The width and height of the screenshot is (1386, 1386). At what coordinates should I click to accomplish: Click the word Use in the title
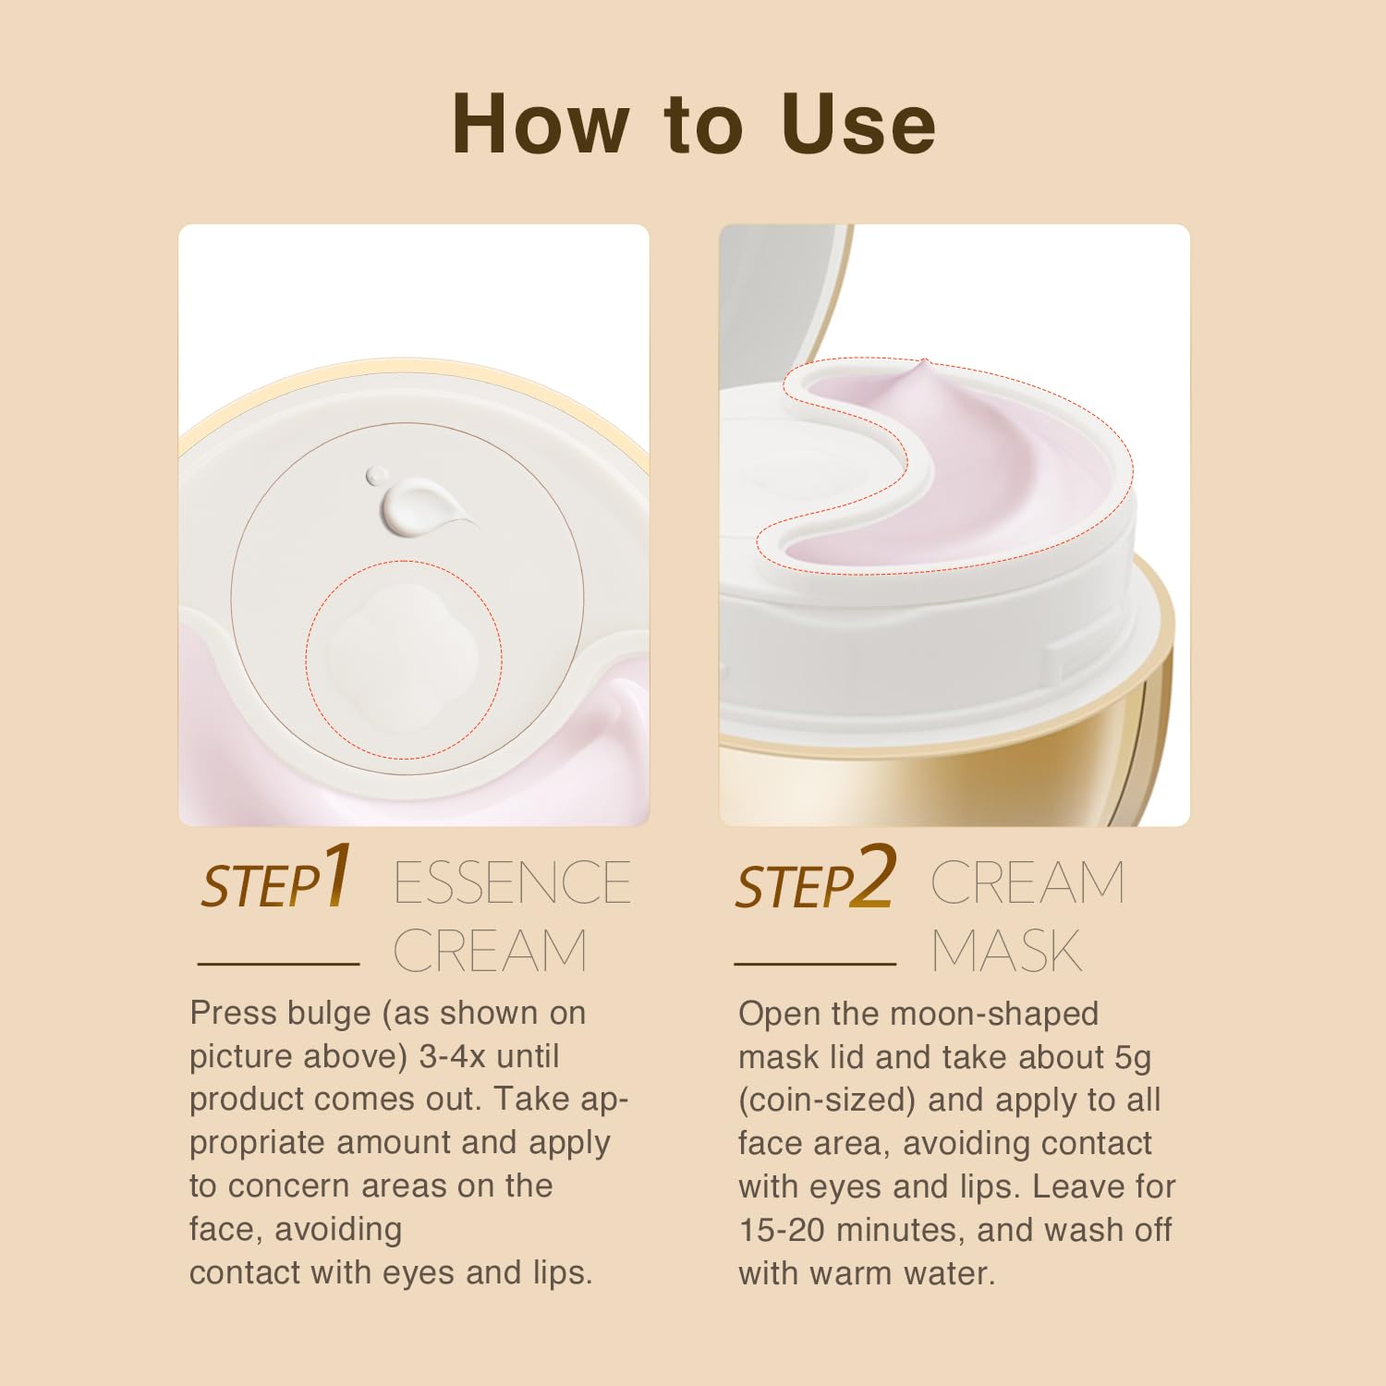click(858, 124)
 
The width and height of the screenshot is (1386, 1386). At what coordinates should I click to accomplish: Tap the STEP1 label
click(275, 879)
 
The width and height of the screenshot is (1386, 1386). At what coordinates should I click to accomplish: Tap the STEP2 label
click(814, 879)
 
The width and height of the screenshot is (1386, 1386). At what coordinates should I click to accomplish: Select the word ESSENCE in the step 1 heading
click(512, 882)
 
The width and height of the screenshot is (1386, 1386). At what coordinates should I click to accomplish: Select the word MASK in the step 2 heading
click(1006, 951)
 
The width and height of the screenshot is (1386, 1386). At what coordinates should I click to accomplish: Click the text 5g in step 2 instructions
click(1132, 1057)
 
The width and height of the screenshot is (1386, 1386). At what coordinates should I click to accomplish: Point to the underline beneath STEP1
click(278, 964)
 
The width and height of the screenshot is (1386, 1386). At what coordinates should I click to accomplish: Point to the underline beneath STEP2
click(815, 964)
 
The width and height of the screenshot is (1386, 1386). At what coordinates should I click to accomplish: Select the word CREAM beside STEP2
click(1027, 882)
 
